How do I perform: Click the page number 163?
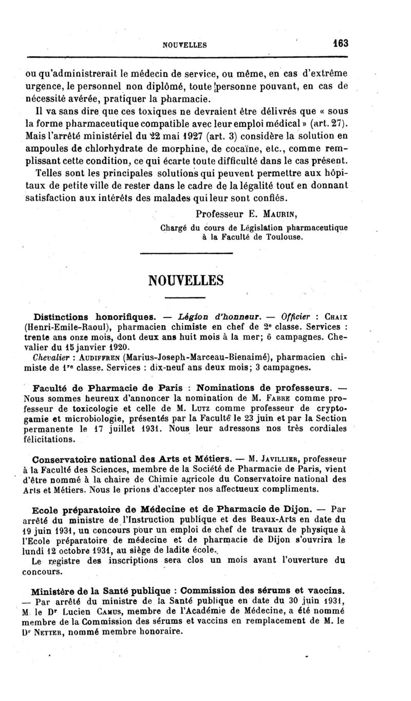[341, 44]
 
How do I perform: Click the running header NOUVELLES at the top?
[184, 45]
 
